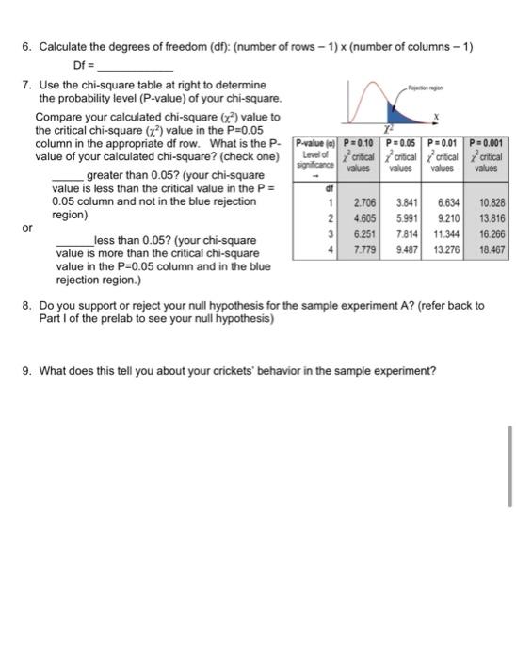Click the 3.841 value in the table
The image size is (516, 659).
406,201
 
